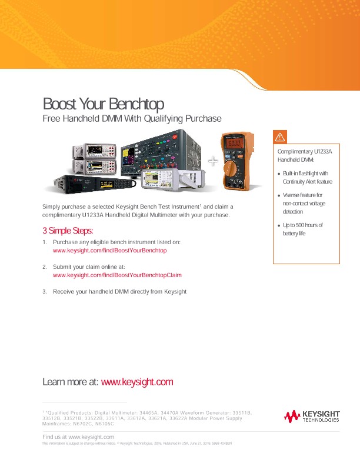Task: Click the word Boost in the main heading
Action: click(x=59, y=104)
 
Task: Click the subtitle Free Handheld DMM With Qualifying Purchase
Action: click(x=132, y=119)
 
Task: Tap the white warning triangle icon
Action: click(x=280, y=137)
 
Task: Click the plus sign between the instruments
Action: click(x=212, y=160)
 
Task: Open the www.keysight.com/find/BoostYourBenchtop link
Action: click(x=110, y=251)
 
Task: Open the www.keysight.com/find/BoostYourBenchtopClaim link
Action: click(x=117, y=275)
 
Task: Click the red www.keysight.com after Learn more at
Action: click(x=137, y=382)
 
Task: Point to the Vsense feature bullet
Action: click(x=303, y=203)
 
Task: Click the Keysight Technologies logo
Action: click(x=312, y=417)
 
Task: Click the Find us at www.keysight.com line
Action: click(x=78, y=437)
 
